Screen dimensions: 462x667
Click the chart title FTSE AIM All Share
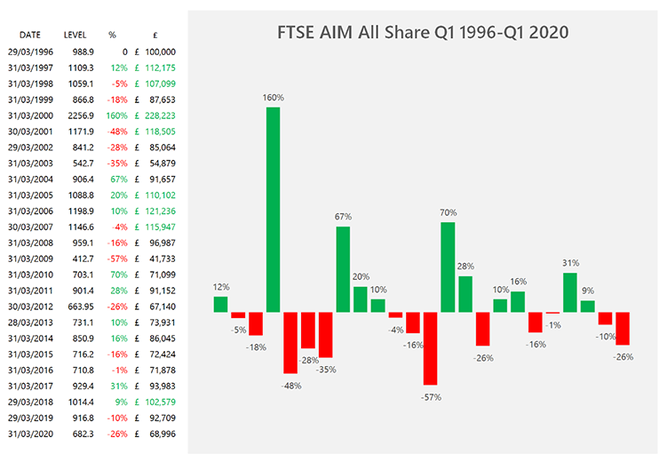tap(422, 33)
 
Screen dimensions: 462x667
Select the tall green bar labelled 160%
tap(273, 210)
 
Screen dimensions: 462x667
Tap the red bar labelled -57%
tap(431, 348)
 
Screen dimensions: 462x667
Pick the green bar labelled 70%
tap(448, 267)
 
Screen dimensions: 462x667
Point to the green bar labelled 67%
tap(343, 269)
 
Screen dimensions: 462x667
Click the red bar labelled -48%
tap(290, 343)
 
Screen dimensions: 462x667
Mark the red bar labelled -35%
tap(325, 335)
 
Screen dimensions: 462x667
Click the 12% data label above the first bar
tap(221, 287)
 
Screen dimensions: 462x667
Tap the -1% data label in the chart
tap(554, 325)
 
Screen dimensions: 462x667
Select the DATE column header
tap(29, 35)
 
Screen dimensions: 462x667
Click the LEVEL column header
tap(75, 35)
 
